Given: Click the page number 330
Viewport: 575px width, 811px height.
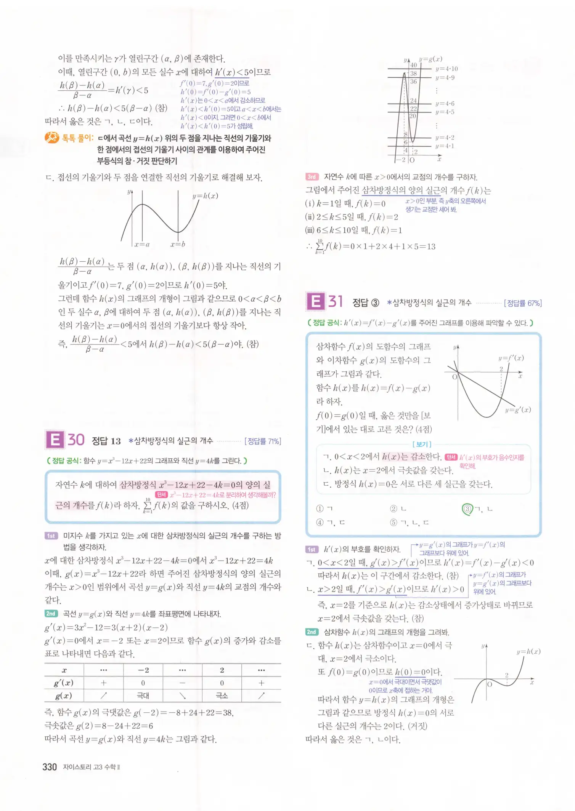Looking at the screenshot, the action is [x=50, y=767].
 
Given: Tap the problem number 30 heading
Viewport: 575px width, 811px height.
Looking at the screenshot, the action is [x=76, y=440].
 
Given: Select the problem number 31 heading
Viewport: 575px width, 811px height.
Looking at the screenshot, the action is [x=336, y=301].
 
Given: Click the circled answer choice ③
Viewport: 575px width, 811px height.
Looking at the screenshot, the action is [x=467, y=509].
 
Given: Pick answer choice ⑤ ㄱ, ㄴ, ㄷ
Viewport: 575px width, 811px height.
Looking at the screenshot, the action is [x=410, y=523].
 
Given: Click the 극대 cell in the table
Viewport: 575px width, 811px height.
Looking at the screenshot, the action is [x=143, y=696].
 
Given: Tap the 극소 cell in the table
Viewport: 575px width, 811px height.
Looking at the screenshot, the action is [x=222, y=696].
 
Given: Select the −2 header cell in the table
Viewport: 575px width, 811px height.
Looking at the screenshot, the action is [x=143, y=670].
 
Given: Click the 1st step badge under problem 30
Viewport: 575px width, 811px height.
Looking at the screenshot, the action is [x=51, y=536].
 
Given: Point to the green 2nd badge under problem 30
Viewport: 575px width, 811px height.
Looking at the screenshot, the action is [x=51, y=614].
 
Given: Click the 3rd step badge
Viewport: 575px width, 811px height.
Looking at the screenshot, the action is [x=312, y=177].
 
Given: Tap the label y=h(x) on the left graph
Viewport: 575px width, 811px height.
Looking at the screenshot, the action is [x=205, y=196].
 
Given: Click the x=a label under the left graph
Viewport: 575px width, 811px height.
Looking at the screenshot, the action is [x=142, y=244].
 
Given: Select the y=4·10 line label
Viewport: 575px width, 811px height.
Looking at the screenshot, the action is [x=447, y=69].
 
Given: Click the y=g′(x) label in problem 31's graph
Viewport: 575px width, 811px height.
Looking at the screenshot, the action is [x=518, y=410].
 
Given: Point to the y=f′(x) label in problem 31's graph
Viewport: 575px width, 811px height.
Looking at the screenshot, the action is [x=511, y=358].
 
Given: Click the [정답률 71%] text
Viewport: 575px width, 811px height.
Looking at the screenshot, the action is [x=263, y=441].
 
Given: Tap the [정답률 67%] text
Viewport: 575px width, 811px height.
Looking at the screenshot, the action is [x=523, y=303].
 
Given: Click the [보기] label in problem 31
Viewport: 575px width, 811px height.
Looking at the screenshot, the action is [x=422, y=444].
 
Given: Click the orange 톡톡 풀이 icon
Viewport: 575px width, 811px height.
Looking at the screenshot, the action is [x=51, y=138].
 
